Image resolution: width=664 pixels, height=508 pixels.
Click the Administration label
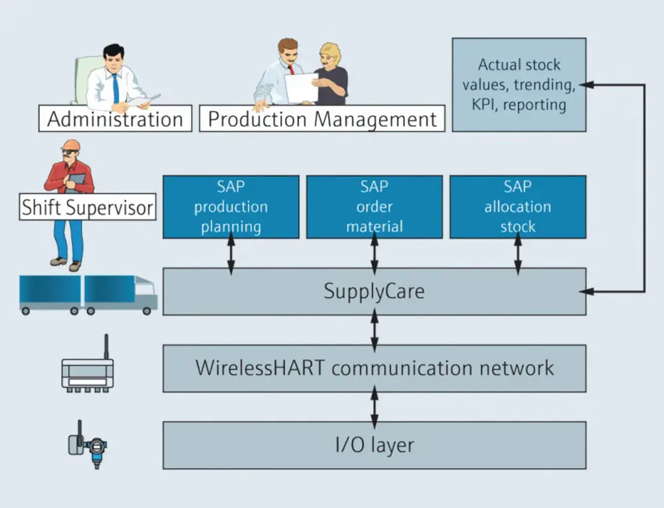click(115, 120)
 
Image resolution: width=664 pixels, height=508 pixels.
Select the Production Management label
click(323, 119)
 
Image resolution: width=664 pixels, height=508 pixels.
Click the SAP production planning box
click(231, 206)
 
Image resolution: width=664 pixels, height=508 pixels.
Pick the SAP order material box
click(374, 206)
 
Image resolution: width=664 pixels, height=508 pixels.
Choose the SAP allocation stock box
click(518, 206)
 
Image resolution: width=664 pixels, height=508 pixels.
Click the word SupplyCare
click(374, 291)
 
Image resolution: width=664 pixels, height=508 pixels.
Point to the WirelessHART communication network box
click(374, 368)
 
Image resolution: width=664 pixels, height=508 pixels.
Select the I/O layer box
click(374, 445)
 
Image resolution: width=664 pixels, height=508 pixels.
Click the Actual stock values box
click(519, 84)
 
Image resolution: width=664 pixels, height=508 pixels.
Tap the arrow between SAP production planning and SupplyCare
click(231, 253)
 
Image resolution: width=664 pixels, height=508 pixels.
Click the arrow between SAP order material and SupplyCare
click(374, 253)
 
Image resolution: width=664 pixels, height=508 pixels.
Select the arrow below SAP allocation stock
click(518, 253)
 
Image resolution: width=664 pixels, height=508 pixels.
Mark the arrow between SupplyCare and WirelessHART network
click(374, 330)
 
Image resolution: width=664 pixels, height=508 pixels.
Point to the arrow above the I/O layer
click(374, 406)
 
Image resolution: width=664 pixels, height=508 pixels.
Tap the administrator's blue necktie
click(116, 87)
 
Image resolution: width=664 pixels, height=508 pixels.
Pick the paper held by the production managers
click(301, 87)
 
